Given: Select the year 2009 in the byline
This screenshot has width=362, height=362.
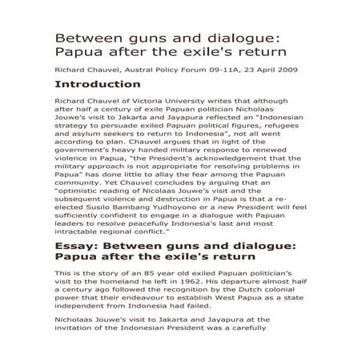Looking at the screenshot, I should coord(285,70).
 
